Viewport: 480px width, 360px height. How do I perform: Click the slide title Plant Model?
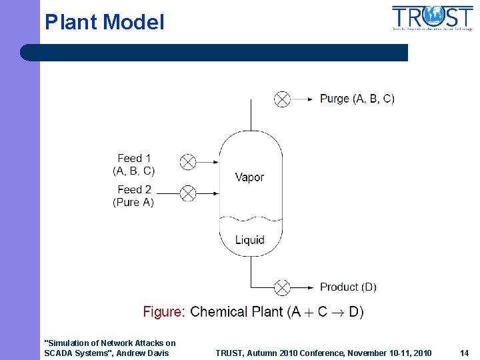click(104, 23)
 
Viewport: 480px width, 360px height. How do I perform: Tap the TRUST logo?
click(432, 18)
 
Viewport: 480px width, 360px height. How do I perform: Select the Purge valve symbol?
click(283, 99)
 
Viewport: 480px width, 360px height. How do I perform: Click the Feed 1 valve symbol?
click(189, 161)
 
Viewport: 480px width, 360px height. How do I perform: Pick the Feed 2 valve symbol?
click(189, 193)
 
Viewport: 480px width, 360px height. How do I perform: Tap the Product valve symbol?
click(283, 287)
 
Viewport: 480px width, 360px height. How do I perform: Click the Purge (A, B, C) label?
click(357, 99)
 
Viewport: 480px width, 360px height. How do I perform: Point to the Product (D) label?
click(348, 287)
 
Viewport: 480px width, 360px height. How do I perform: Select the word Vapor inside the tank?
click(249, 177)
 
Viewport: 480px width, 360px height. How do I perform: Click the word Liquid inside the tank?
click(249, 240)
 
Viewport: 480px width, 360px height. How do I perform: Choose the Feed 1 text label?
click(134, 159)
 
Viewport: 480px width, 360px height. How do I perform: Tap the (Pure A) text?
click(133, 203)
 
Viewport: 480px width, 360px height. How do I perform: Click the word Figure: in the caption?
click(164, 312)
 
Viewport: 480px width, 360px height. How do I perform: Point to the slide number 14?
click(465, 353)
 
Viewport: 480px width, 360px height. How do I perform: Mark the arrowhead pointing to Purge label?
click(310, 99)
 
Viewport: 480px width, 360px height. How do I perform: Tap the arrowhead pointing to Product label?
click(310, 287)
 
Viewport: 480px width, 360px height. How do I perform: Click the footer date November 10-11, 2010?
click(386, 353)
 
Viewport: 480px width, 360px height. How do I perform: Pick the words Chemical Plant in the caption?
click(237, 312)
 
